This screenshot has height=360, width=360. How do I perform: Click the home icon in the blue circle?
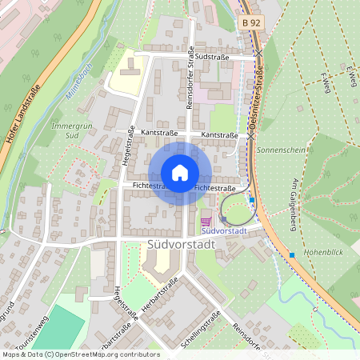pyautogui.click(x=180, y=173)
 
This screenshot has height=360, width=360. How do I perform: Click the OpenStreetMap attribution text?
pyautogui.click(x=81, y=354)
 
